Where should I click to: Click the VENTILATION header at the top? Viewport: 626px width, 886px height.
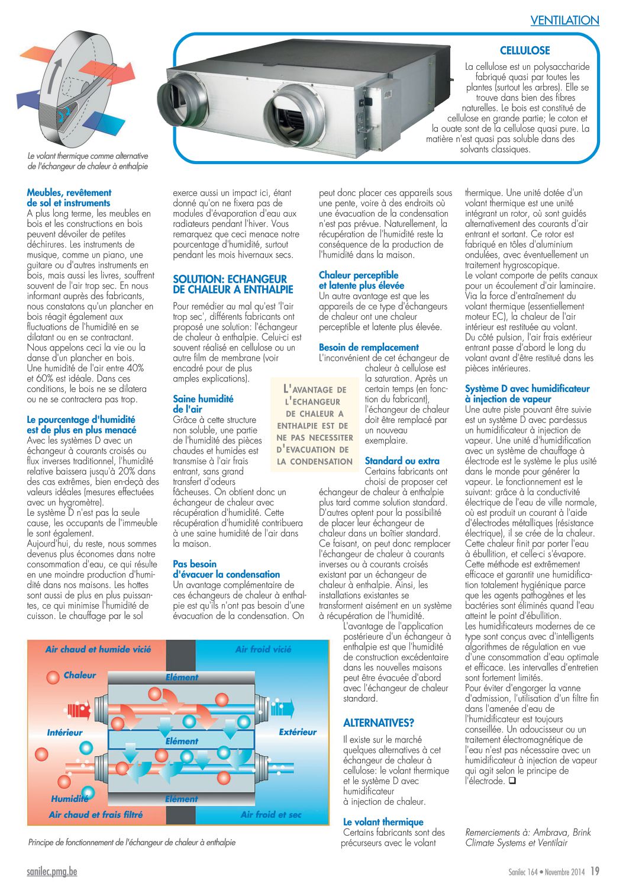564,20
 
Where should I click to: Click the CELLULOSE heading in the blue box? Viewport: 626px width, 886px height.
525,51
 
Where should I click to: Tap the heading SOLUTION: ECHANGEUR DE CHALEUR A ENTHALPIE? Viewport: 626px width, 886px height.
233,284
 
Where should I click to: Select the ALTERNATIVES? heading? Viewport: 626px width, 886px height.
379,723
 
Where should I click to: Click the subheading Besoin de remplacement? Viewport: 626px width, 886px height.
368,348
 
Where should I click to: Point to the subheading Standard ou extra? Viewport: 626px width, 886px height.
402,461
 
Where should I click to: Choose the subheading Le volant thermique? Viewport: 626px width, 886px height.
383,822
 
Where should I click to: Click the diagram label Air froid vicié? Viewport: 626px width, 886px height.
263,650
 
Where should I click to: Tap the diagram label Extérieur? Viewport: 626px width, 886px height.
298,732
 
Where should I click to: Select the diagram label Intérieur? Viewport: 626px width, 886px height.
65,733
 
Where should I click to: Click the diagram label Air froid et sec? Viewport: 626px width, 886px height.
271,815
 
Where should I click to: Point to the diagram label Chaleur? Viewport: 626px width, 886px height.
80,675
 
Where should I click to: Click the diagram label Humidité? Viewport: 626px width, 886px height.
70,799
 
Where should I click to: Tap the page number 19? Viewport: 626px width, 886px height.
595,871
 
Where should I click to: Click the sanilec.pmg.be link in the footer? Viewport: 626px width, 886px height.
52,872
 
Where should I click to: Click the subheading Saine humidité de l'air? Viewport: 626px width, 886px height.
203,404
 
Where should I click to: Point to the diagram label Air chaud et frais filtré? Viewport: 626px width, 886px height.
96,815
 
